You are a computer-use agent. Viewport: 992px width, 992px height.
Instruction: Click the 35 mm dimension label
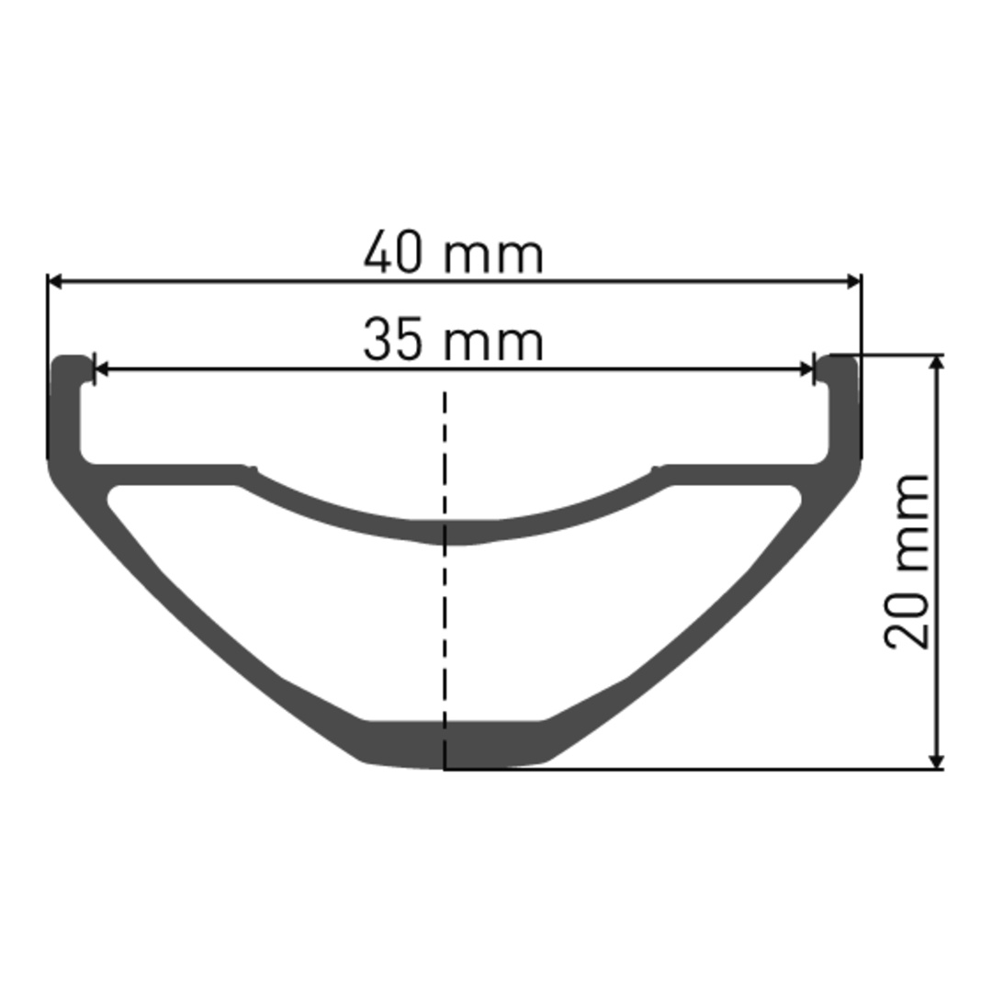(453, 340)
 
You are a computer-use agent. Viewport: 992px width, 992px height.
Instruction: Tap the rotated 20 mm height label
(907, 560)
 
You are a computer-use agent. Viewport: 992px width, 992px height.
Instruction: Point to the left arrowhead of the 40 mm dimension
(56, 282)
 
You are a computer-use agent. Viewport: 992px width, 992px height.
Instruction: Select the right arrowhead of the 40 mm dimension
(853, 282)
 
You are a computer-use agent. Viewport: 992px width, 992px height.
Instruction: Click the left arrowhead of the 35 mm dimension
(101, 369)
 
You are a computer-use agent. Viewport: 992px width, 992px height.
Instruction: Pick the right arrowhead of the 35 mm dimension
(806, 369)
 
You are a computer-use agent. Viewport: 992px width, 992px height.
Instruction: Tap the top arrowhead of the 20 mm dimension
(938, 363)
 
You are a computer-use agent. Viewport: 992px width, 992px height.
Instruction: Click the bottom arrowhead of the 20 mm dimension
(938, 761)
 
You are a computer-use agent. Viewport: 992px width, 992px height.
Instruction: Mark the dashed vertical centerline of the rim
(445, 581)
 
